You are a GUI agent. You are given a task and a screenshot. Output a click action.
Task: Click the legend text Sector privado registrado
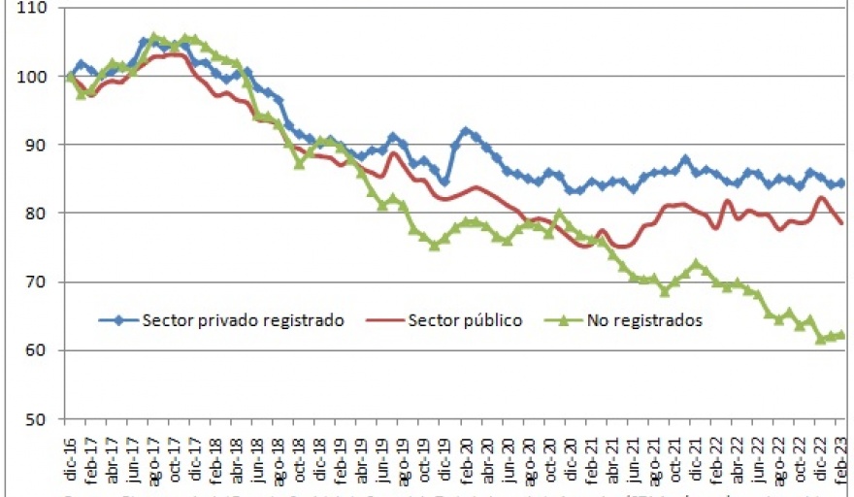[244, 320]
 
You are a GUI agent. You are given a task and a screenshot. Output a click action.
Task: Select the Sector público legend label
[465, 320]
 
